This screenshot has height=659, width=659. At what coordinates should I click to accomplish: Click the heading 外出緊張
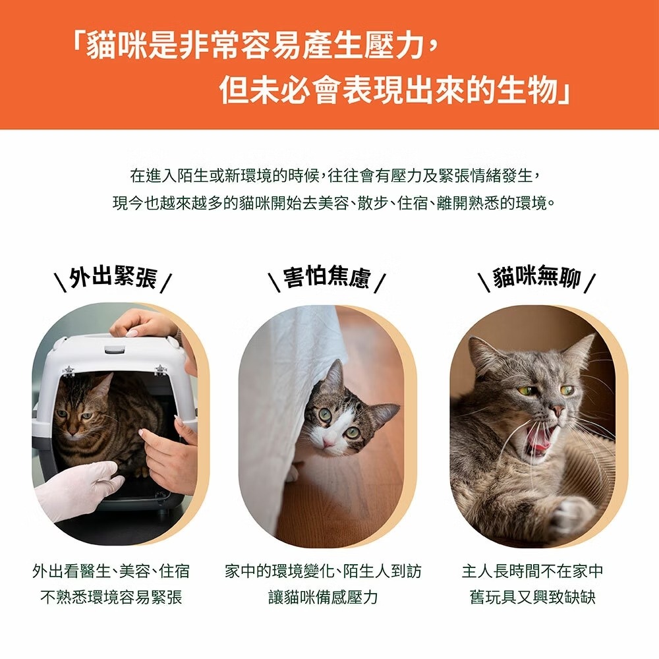(113, 277)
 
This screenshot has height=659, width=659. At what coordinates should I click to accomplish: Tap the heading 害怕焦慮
(327, 277)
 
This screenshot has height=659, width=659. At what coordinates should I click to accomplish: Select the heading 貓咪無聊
(536, 277)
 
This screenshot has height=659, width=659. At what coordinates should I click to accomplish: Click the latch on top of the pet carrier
(114, 350)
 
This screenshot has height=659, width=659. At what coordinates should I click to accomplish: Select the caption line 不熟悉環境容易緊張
(111, 597)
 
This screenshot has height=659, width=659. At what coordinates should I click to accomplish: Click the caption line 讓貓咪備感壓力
(323, 597)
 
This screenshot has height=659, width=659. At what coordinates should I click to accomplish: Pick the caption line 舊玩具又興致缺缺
(532, 597)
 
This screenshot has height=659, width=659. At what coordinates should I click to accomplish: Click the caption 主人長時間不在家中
(532, 571)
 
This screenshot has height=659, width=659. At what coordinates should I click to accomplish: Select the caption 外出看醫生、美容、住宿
(111, 571)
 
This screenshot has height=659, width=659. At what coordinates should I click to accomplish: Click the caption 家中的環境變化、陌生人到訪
(323, 571)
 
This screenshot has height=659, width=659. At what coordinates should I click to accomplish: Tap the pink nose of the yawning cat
(558, 411)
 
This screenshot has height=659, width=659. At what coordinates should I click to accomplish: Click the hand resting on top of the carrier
(144, 324)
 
